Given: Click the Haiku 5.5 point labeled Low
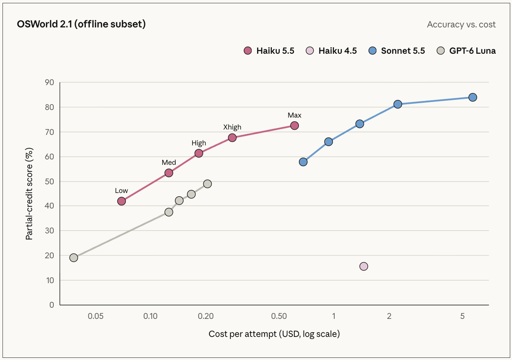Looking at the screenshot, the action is coord(122,201).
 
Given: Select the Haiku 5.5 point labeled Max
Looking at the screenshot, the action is coord(294,126).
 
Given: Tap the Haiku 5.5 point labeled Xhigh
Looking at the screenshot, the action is coord(232,138).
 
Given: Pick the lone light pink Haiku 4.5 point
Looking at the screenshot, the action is coord(364,267).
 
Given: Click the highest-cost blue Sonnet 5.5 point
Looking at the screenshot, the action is coord(473,97).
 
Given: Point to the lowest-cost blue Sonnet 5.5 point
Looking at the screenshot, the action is coord(303,162).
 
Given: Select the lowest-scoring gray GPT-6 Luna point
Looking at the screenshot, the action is coord(74,258).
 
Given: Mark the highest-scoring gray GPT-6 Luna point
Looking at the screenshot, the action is coord(207,184).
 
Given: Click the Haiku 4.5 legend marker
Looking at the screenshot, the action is coord(310,51).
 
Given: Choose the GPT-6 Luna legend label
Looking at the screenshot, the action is coord(472,51).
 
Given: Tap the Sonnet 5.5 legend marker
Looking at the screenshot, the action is coord(372,51).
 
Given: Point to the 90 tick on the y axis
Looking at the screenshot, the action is coord(50,82).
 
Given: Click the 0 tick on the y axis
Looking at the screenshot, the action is coord(52,305).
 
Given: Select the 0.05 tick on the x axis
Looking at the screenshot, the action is coord(96,316).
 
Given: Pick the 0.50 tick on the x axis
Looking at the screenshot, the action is coord(279,316).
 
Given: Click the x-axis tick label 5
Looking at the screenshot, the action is coord(462,316).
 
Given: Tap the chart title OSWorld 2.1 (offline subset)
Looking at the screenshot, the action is coord(81,24).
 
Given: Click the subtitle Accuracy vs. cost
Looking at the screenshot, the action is coord(461,25).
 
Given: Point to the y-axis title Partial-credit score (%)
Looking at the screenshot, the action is coord(29,194).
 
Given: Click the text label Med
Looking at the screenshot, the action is coord(169,162).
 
